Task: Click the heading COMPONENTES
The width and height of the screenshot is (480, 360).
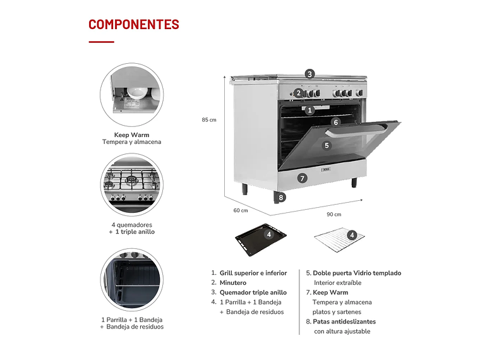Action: (x=133, y=25)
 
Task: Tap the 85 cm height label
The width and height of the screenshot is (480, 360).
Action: (x=209, y=120)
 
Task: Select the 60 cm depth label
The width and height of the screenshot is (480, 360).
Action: (x=240, y=210)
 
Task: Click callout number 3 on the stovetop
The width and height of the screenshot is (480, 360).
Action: (x=309, y=74)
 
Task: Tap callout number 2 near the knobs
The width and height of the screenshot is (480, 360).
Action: (x=298, y=93)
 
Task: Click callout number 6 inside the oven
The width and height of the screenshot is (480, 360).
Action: (x=336, y=122)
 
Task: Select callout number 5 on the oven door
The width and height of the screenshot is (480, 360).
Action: (x=327, y=145)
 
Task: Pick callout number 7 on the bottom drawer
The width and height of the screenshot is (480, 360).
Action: (x=303, y=178)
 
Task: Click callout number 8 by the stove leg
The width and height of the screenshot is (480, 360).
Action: (x=281, y=198)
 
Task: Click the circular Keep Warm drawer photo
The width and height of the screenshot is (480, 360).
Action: (x=131, y=95)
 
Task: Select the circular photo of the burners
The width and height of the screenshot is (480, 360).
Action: (x=131, y=185)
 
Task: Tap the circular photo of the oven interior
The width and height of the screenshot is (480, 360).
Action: (x=131, y=279)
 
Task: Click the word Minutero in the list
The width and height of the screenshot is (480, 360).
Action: (x=233, y=283)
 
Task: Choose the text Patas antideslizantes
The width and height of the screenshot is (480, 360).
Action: (x=344, y=321)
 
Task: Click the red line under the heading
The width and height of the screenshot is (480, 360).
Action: (x=101, y=42)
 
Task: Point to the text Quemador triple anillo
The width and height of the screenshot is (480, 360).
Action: (x=253, y=292)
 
